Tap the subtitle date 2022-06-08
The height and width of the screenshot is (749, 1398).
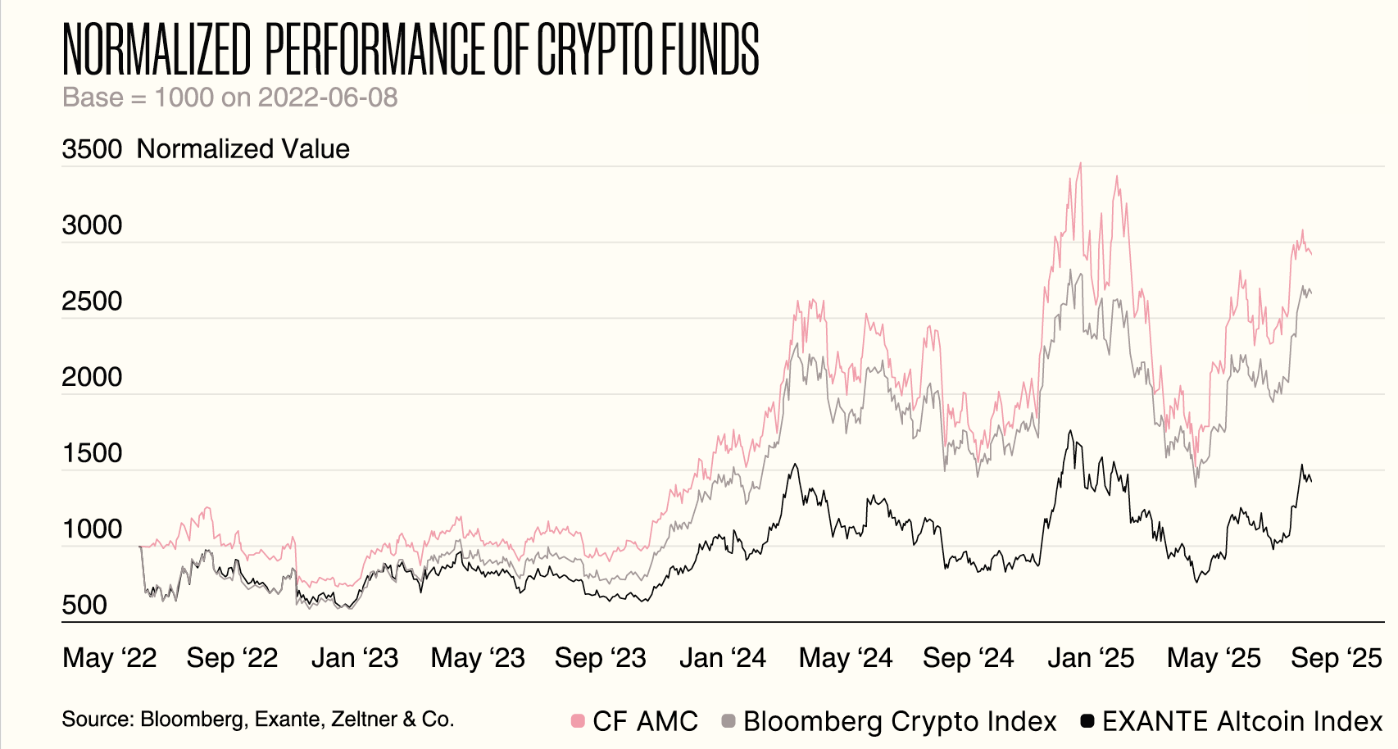click(x=327, y=98)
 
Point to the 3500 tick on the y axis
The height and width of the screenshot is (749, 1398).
click(x=92, y=149)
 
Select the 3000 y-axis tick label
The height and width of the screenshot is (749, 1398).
click(x=92, y=225)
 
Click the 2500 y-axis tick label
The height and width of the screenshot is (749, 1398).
click(x=92, y=302)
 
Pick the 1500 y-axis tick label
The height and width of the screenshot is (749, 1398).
click(x=92, y=453)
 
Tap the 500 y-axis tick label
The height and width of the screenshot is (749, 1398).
click(x=84, y=606)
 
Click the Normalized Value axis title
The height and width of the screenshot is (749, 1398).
click(x=243, y=149)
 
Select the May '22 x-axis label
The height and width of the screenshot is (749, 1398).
click(x=110, y=658)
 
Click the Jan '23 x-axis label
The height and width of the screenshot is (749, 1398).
click(x=354, y=658)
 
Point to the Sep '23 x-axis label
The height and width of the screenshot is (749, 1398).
click(x=600, y=658)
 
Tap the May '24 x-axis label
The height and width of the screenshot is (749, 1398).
click(x=846, y=658)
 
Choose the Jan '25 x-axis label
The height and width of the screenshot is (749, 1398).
click(x=1091, y=658)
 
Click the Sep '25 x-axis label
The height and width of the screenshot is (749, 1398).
click(x=1337, y=658)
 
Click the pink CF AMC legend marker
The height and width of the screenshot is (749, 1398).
click(x=578, y=721)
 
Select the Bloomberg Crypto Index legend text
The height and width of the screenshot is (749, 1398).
click(x=900, y=721)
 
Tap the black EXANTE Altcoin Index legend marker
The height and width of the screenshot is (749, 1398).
click(x=1087, y=721)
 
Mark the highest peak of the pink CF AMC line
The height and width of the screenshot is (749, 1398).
click(x=1080, y=164)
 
